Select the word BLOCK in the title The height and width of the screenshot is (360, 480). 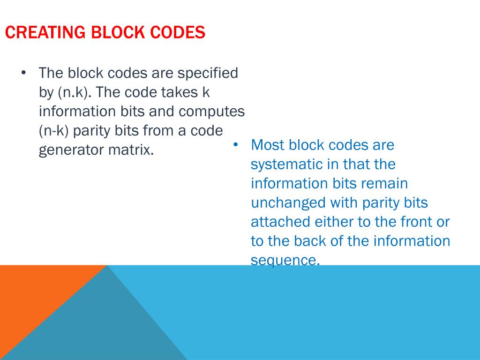pyautogui.click(x=119, y=33)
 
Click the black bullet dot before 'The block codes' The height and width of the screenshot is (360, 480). pyautogui.click(x=24, y=73)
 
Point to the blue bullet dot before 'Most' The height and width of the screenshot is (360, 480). pyautogui.click(x=236, y=144)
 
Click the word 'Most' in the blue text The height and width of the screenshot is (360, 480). pyautogui.click(x=268, y=145)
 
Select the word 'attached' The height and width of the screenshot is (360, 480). pyautogui.click(x=280, y=222)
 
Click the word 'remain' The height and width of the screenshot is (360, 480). pyautogui.click(x=384, y=183)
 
